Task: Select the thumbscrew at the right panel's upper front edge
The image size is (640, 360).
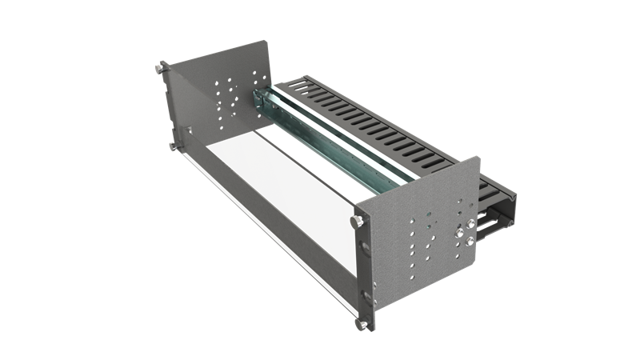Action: pos(355,218)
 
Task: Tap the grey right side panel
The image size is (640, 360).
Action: pos(424,232)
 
